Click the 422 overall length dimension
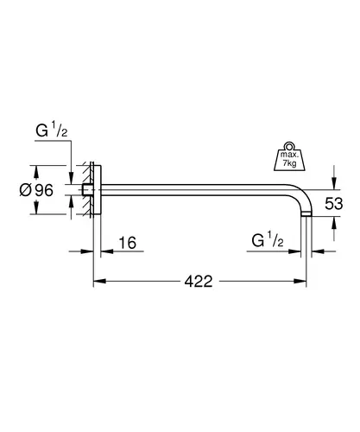(x=199, y=281)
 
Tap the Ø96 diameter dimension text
(x=36, y=190)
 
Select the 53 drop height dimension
(x=334, y=204)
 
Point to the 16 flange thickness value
(x=128, y=243)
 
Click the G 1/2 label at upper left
(x=52, y=130)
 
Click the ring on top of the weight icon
(x=288, y=145)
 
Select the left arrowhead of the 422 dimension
(x=99, y=281)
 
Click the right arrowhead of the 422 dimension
(x=300, y=281)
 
